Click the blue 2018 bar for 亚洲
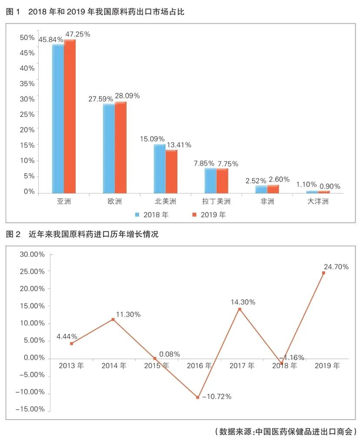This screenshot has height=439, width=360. [x=58, y=119]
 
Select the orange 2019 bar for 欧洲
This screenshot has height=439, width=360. [x=120, y=148]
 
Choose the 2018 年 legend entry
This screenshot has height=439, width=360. [x=151, y=215]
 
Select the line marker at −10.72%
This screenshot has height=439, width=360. [x=197, y=397]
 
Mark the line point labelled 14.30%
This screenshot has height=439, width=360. [x=240, y=309]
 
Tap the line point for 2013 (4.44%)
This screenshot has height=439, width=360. [x=71, y=343]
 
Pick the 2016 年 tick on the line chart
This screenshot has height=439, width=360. [x=197, y=365]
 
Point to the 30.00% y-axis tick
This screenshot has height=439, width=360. [x=32, y=254]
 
